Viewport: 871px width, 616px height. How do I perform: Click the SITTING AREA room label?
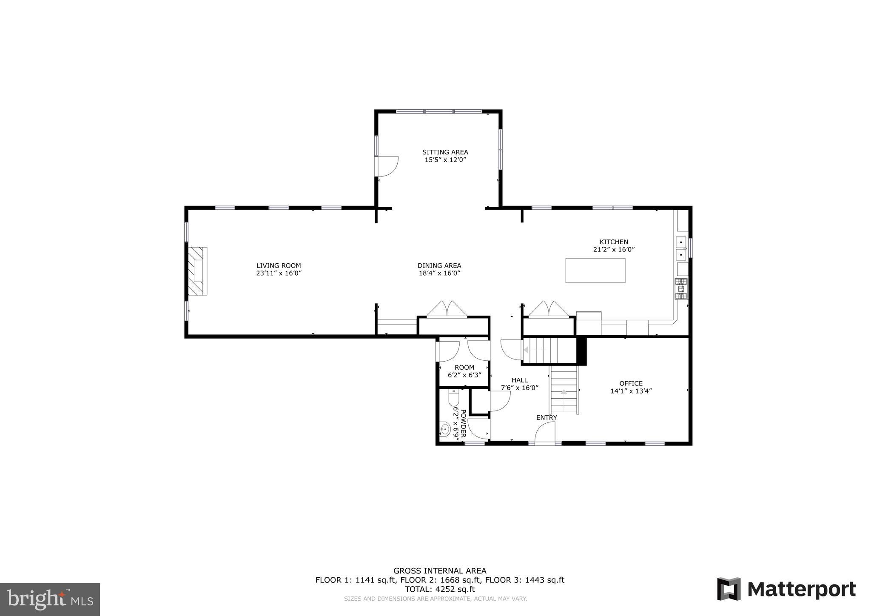[445, 152]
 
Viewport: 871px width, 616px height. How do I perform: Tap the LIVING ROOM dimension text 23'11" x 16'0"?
[279, 274]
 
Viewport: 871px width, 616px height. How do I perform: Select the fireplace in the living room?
[197, 271]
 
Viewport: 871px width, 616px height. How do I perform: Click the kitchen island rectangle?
[595, 270]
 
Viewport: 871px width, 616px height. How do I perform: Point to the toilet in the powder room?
[454, 397]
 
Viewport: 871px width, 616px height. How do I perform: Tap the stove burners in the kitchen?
[681, 288]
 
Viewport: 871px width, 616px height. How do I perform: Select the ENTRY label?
[547, 418]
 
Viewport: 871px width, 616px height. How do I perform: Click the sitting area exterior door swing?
[387, 166]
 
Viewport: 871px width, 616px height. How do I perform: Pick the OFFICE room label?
[631, 383]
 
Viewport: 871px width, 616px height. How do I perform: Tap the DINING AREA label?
[439, 265]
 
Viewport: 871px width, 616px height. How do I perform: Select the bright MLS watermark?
[50, 599]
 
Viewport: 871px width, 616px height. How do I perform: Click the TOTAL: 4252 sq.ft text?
[439, 589]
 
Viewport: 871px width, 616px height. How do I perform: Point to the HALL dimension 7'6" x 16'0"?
[520, 388]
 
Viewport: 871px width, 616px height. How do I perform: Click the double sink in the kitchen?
[681, 248]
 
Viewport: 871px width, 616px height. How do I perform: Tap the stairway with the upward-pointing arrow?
[564, 390]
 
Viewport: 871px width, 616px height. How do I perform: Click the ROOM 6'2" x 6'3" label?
[464, 371]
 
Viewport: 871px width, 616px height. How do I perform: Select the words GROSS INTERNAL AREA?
[439, 571]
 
